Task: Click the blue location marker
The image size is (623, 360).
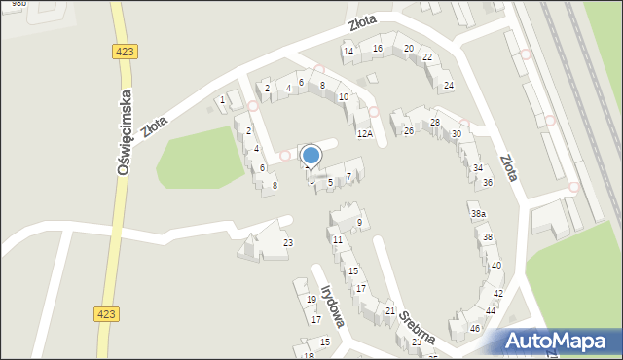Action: coord(311,155)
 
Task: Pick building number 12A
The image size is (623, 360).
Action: coord(364,133)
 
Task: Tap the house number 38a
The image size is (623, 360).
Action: coord(478,214)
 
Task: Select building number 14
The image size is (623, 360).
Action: coord(348,51)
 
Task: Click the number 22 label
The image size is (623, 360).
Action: coord(427,57)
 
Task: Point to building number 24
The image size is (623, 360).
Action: coord(448,86)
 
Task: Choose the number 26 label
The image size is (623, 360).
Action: coord(409,130)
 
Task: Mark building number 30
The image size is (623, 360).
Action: coord(457,134)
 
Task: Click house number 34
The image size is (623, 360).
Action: coord(478,168)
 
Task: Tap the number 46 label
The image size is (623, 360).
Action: coord(475,329)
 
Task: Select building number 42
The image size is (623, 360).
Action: coord(497,293)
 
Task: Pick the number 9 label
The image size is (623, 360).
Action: coord(359,223)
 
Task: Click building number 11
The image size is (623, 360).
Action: coord(337,239)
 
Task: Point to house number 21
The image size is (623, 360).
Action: coord(390,310)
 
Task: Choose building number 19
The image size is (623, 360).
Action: coord(311,300)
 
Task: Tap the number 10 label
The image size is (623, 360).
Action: coord(343,97)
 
